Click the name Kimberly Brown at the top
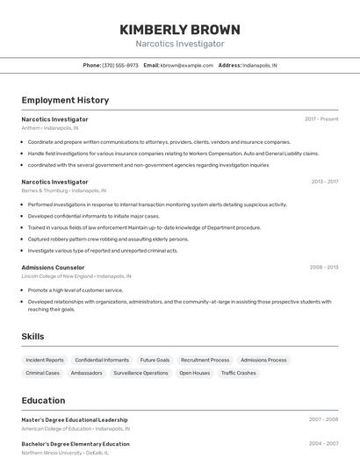point(179,30)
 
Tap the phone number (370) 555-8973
point(120,65)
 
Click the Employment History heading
point(65,100)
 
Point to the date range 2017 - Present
point(321,119)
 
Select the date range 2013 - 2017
point(324,182)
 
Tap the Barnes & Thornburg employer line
point(63,190)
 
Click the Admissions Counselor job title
point(53,268)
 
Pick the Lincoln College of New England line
point(78,276)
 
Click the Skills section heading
point(32,337)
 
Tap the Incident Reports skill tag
point(45,360)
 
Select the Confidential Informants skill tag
point(102,360)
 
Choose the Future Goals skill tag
point(155,360)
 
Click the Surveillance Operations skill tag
point(140,373)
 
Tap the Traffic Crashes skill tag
point(239,373)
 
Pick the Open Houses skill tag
point(195,373)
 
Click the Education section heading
point(43,400)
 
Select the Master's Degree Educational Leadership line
point(75,420)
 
